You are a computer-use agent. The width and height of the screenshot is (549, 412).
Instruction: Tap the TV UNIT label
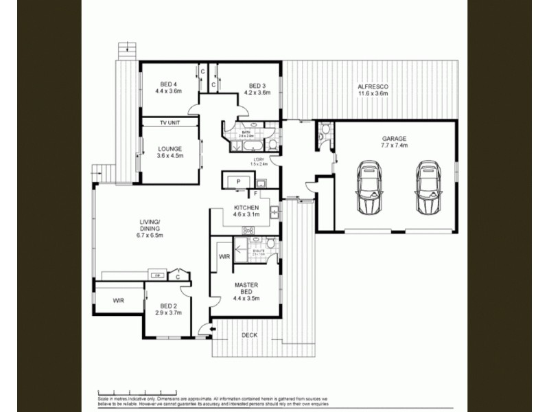169,122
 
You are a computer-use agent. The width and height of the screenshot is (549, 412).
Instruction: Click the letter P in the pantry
238,181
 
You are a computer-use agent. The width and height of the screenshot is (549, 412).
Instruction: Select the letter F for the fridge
255,194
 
